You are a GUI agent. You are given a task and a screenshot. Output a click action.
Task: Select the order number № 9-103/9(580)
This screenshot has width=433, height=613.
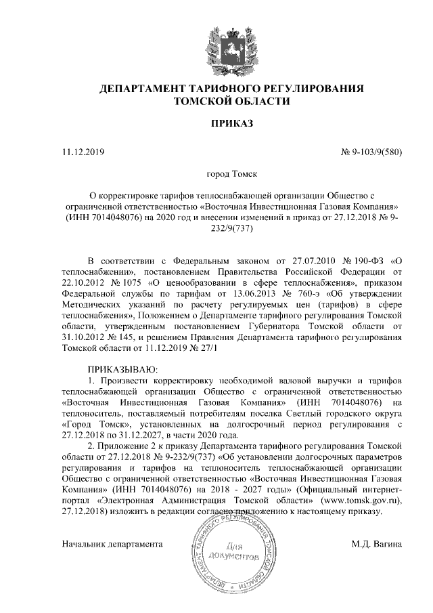coord(370,152)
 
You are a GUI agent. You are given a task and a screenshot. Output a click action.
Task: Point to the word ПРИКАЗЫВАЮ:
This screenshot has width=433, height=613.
coord(122,369)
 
